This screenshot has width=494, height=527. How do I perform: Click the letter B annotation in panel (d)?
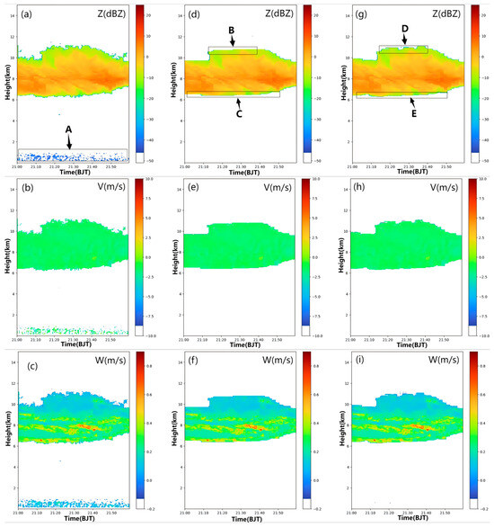click(x=232, y=31)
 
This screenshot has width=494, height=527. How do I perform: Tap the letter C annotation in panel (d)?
click(x=238, y=114)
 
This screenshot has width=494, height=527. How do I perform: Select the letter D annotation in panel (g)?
click(x=404, y=29)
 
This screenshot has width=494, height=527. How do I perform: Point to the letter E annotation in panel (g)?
click(x=413, y=114)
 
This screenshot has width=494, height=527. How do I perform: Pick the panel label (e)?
click(x=195, y=187)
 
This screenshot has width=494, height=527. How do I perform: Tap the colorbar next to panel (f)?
click(x=306, y=433)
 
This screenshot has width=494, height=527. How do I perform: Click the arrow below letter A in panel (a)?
click(x=69, y=141)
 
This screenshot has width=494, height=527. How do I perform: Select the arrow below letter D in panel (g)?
click(x=404, y=40)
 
